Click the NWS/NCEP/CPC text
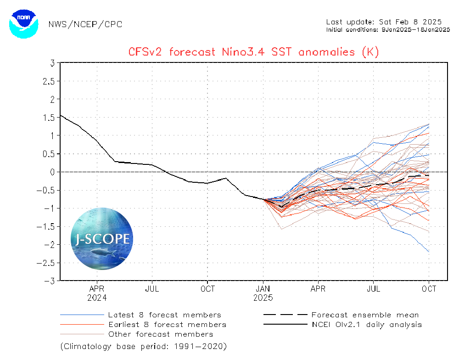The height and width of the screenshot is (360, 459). click(x=85, y=24)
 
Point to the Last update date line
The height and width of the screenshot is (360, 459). click(x=384, y=22)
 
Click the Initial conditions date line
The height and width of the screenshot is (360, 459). click(x=388, y=29)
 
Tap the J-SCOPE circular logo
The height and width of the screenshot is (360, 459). click(x=102, y=238)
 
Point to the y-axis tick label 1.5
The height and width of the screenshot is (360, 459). click(x=50, y=117)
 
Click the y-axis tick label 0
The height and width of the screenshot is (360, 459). click(x=53, y=172)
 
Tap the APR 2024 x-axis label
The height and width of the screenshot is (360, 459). click(x=97, y=293)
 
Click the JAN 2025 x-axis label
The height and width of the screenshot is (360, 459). click(x=263, y=293)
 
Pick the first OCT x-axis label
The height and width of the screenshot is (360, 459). click(x=207, y=289)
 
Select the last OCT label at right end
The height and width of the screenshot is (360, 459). click(x=429, y=289)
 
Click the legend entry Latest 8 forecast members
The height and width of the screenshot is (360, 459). click(x=164, y=315)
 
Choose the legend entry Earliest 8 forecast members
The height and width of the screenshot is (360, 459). click(x=167, y=325)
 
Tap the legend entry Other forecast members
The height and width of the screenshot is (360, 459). click(x=160, y=334)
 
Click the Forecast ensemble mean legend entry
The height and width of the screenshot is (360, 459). click(x=365, y=315)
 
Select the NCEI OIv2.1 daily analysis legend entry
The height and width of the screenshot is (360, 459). click(x=366, y=325)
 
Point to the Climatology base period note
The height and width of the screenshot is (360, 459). click(x=143, y=345)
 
